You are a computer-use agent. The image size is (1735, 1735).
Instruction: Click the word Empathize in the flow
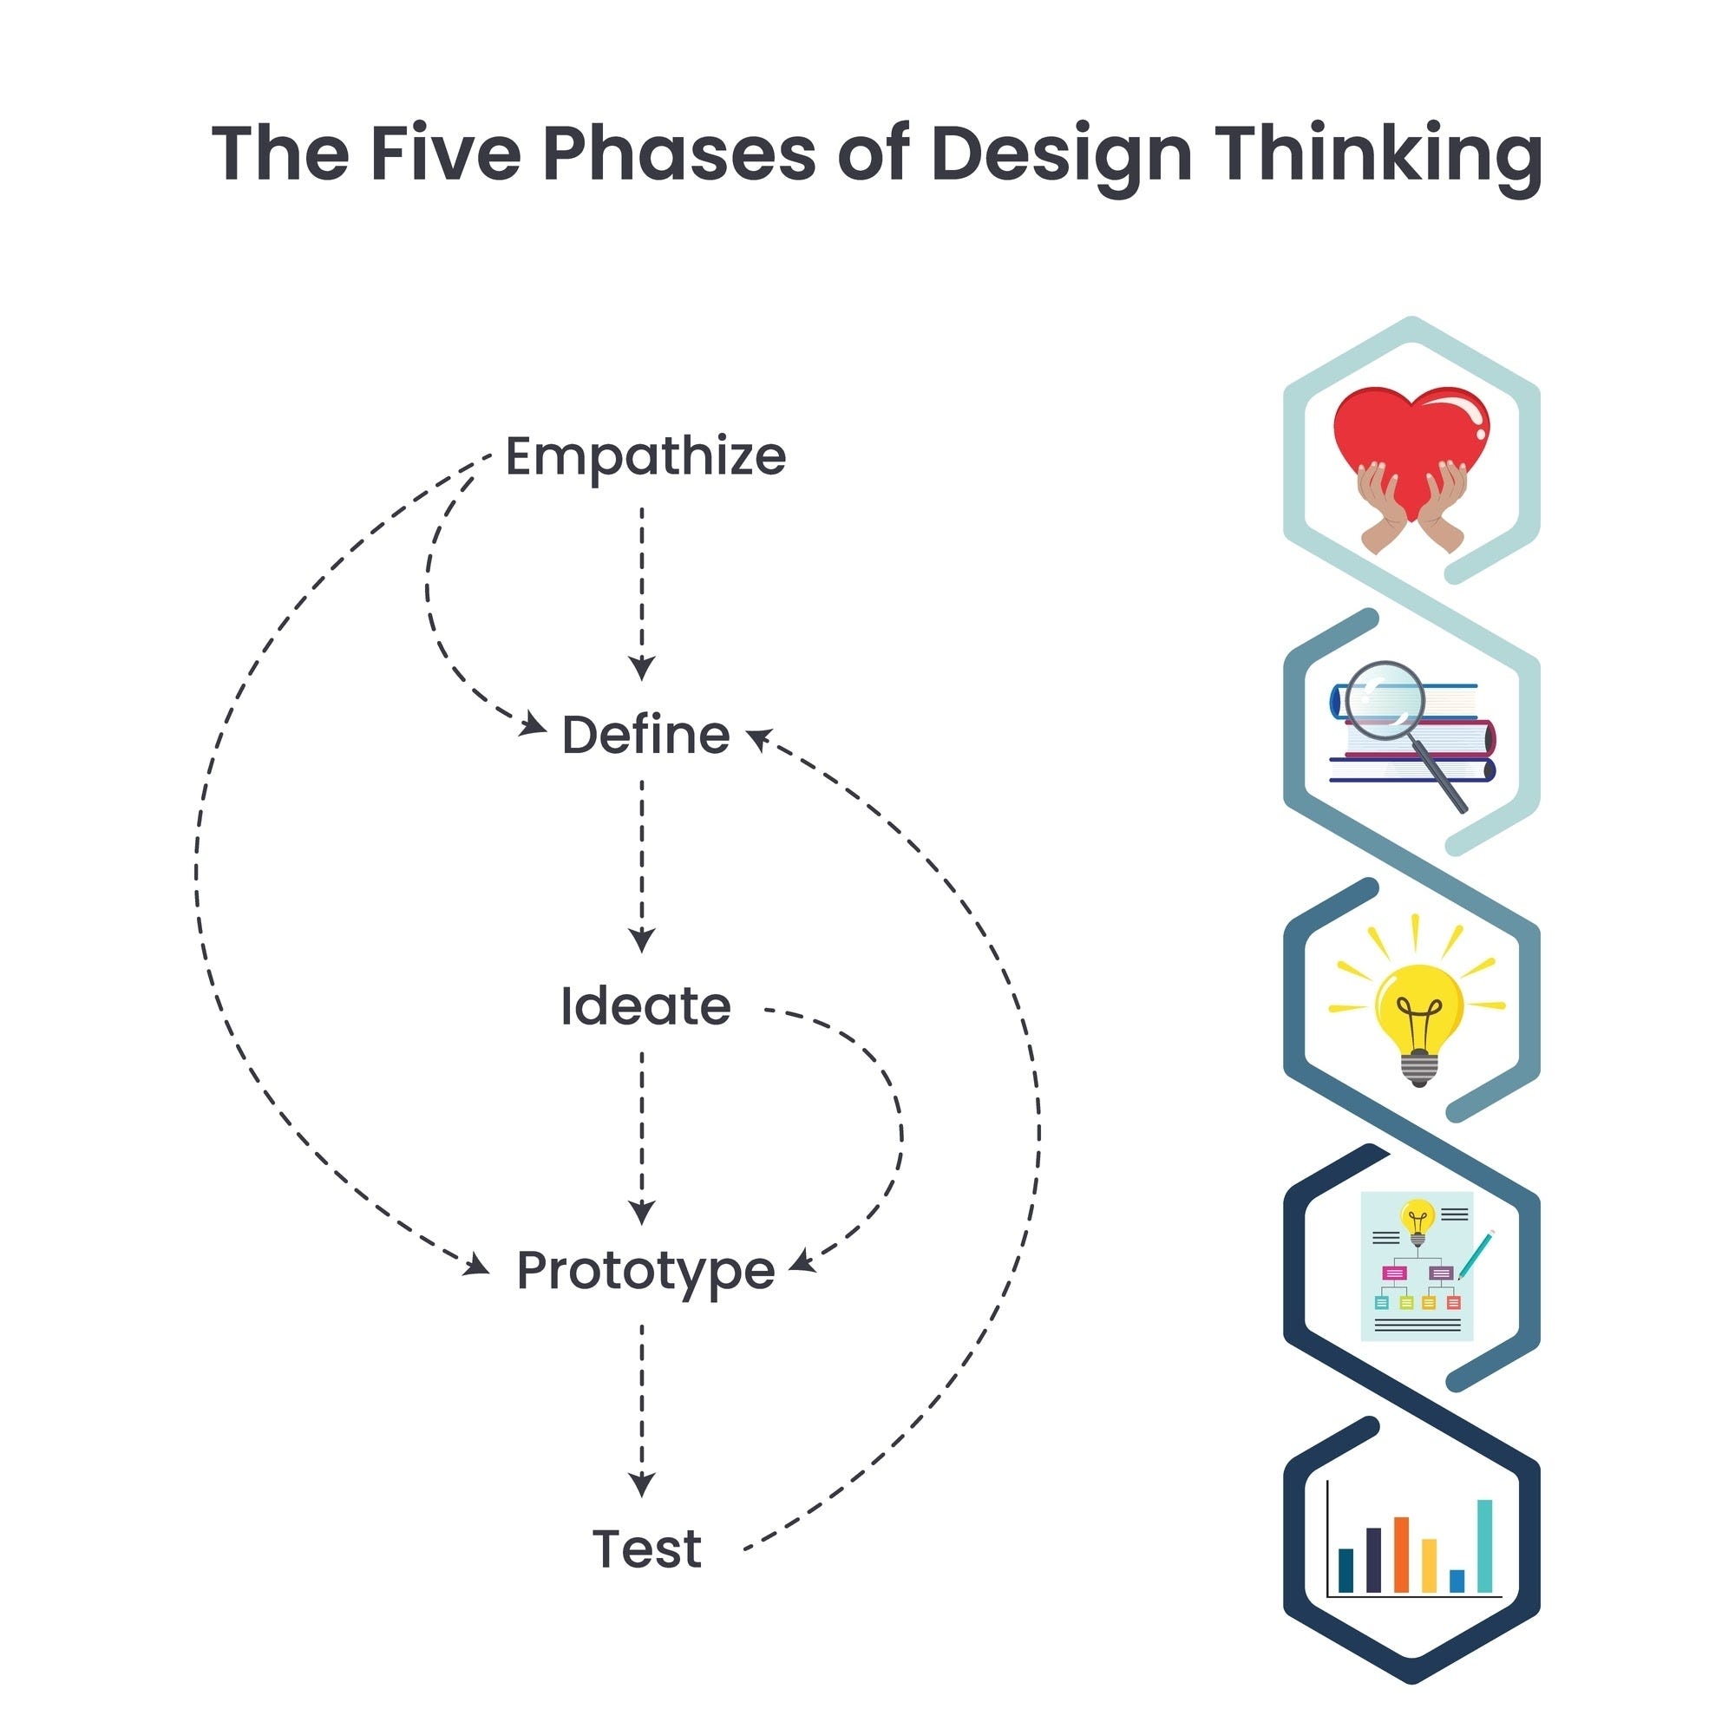pyautogui.click(x=645, y=456)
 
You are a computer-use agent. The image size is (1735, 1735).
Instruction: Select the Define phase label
pyautogui.click(x=645, y=736)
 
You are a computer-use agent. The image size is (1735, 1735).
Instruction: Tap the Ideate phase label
pyautogui.click(x=645, y=1005)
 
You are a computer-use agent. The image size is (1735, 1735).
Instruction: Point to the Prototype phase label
pyautogui.click(x=645, y=1272)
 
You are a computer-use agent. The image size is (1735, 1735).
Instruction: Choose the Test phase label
pyautogui.click(x=646, y=1549)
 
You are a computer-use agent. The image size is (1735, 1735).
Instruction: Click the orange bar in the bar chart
pyautogui.click(x=1401, y=1554)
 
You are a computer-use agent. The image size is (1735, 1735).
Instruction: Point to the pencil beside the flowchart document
pyautogui.click(x=1475, y=1254)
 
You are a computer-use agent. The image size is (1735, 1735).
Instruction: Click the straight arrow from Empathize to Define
pyautogui.click(x=641, y=593)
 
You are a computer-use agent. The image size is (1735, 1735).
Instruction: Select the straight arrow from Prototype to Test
pyautogui.click(x=641, y=1410)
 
